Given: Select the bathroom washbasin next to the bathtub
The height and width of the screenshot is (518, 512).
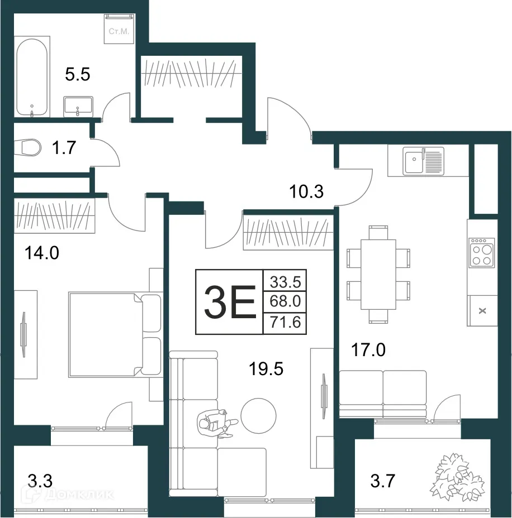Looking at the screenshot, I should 78,106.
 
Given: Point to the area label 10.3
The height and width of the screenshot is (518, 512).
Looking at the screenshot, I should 306,193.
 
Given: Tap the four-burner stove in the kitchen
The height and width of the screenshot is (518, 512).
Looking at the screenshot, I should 482,252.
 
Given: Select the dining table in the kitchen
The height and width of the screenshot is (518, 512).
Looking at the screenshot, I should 378,274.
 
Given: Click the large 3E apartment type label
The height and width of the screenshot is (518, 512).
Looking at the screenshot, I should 229,302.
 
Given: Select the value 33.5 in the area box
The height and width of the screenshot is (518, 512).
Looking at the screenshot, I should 285,282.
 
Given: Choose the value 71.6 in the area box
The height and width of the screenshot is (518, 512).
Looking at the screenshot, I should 285,323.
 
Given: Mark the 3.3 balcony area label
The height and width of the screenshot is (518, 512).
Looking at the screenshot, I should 41,479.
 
